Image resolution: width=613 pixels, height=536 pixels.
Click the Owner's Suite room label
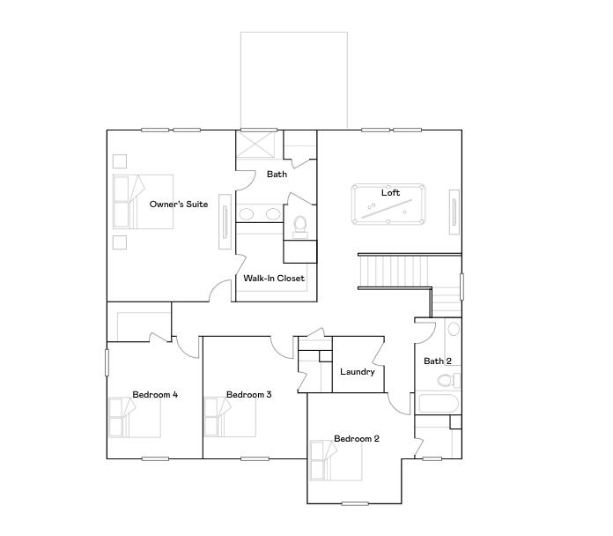(x=179, y=205)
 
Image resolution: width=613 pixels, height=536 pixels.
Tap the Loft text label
(x=390, y=193)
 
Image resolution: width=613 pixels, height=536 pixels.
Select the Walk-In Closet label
(x=274, y=279)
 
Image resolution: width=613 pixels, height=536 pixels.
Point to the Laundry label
(x=358, y=372)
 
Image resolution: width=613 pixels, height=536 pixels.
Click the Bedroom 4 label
(x=155, y=395)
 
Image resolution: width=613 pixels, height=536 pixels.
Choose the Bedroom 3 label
(x=248, y=395)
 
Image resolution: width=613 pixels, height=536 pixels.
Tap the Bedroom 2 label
(x=357, y=439)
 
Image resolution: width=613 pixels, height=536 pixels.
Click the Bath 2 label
(x=438, y=361)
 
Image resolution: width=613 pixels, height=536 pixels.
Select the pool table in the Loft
(x=388, y=205)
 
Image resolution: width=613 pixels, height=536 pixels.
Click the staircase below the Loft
(x=394, y=268)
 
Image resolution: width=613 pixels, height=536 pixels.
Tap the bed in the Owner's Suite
(x=141, y=202)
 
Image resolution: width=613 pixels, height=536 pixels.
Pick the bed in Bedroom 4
(x=134, y=418)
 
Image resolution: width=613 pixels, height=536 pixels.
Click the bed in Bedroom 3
(x=230, y=418)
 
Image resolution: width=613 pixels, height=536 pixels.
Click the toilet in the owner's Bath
(x=299, y=225)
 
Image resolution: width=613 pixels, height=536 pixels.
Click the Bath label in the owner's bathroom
(x=277, y=175)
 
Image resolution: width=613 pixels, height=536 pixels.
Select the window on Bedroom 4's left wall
(x=107, y=363)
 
